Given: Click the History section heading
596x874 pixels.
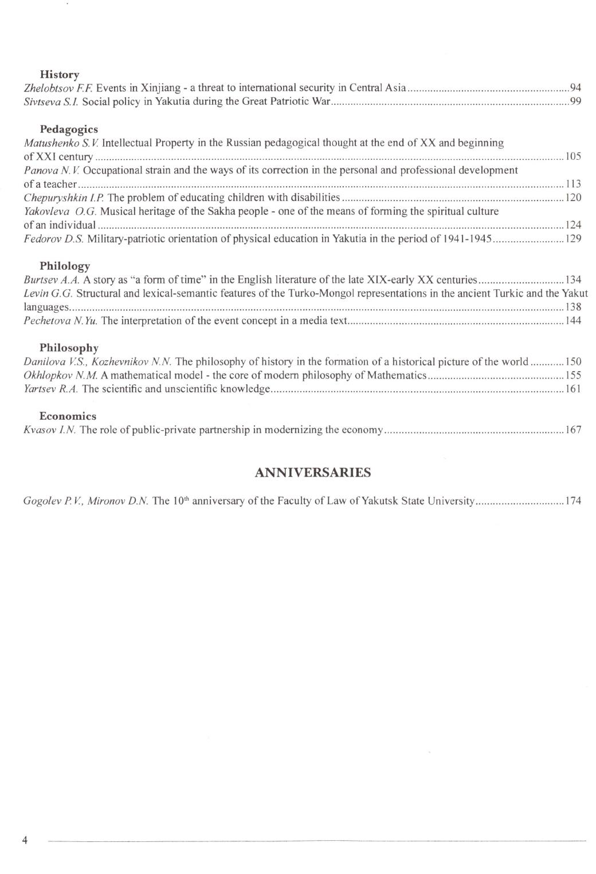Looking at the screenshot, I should tap(60, 74).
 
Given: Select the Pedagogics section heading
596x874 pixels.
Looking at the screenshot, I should tap(69, 129).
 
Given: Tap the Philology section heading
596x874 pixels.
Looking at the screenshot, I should tap(65, 266).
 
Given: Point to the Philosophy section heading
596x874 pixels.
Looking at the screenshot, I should tap(69, 348).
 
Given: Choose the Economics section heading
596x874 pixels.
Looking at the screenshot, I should tap(68, 416).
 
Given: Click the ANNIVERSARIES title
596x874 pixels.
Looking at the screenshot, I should tap(312, 473).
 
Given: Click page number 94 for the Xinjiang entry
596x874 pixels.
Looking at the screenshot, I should tap(575, 88).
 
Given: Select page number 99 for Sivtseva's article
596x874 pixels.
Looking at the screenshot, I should tap(575, 102).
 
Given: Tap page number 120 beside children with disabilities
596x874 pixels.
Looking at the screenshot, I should tap(573, 198).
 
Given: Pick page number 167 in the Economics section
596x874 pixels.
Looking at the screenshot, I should tap(573, 430).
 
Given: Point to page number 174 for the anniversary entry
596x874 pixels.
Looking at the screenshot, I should tap(573, 501).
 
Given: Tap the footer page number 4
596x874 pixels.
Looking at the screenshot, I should tap(25, 840).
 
